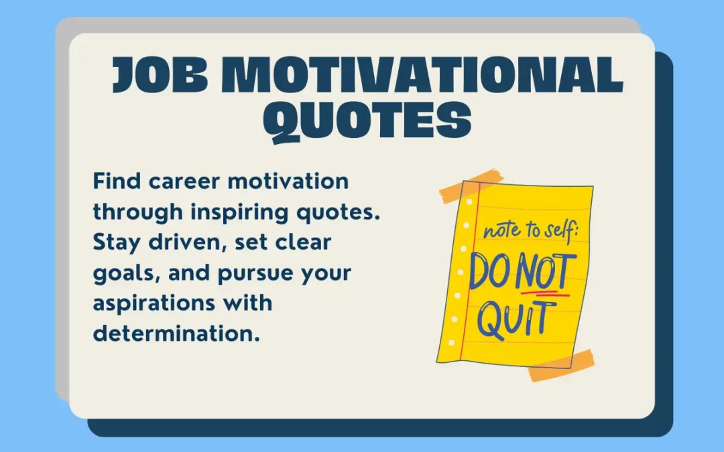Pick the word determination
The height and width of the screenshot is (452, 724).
click(x=176, y=333)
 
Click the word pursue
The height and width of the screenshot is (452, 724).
click(x=255, y=273)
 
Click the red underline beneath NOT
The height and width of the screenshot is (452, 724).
click(x=544, y=293)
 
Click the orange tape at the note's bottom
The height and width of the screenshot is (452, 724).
click(x=561, y=365)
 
